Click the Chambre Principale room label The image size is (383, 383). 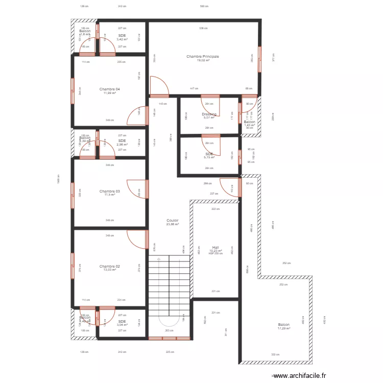pos(203,57)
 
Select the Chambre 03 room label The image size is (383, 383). pos(110,192)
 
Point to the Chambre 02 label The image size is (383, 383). pos(110,266)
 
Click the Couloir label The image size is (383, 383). pos(172,220)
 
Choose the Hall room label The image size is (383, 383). pos(216,247)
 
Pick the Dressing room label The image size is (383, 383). pos(209,114)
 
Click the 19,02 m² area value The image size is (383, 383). pos(203,60)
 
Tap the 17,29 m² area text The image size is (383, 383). pos(284,328)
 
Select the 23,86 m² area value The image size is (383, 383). pos(172,224)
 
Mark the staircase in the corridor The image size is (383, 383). pos(169,296)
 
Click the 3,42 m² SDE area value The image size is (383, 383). pos(122,39)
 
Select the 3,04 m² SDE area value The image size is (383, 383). pos(122,325)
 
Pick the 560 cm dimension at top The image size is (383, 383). pos(204,7)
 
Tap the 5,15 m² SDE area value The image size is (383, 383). pos(209,157)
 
